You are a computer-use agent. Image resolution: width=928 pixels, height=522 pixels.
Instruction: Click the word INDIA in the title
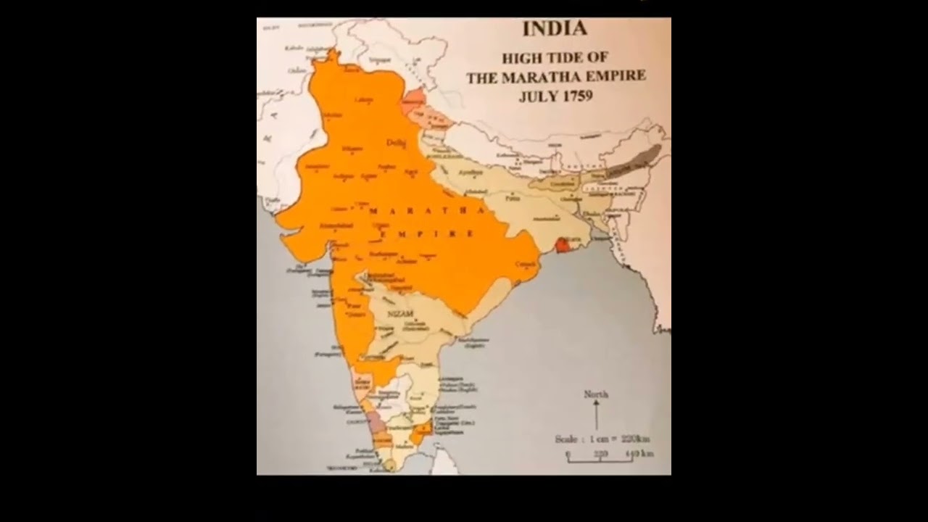555,30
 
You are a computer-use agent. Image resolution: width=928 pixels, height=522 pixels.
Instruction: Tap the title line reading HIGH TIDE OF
555,58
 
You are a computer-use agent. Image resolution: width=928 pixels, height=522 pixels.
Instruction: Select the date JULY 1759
555,96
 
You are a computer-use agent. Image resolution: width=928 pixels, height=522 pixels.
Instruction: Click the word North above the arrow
596,394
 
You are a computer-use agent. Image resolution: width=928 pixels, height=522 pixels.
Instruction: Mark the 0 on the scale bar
568,454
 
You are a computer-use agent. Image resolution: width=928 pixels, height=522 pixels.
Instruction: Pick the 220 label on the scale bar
601,454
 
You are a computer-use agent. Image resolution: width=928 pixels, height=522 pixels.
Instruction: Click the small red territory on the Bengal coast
562,246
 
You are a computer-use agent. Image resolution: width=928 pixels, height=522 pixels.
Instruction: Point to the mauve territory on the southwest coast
376,423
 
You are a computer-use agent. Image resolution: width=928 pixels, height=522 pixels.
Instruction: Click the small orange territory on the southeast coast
419,434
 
